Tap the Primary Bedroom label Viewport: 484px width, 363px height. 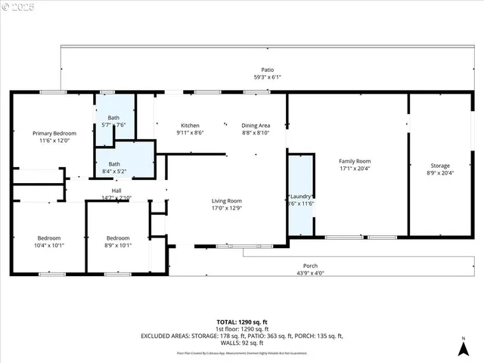click(54, 133)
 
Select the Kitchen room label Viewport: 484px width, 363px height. click(190, 125)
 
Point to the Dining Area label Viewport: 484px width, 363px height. click(256, 125)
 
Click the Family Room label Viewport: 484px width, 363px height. click(354, 161)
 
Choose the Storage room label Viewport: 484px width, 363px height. click(440, 166)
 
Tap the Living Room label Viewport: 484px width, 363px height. click(227, 201)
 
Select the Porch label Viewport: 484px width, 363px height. click(310, 265)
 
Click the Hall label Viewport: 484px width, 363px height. click(116, 191)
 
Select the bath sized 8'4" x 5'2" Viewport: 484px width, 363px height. click(113, 168)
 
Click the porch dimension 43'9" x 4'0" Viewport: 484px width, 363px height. click(310, 273)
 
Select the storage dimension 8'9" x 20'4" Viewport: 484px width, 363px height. click(440, 173)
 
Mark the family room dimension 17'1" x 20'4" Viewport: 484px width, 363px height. click(354, 169)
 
